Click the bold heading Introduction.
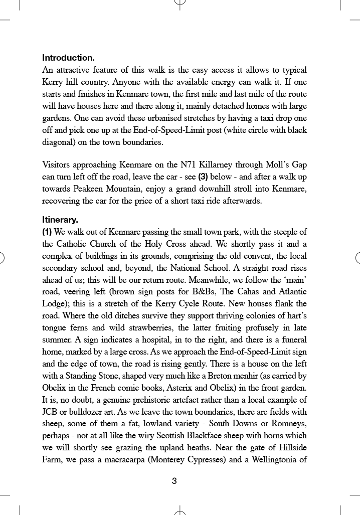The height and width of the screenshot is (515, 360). (x=68, y=58)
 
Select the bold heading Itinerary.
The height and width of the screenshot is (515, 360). (x=60, y=220)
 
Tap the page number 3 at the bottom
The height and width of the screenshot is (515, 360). (x=174, y=481)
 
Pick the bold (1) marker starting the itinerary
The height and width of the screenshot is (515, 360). (x=47, y=232)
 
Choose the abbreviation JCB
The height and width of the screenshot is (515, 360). (x=51, y=412)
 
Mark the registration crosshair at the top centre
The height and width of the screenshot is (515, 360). (x=180, y=4)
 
